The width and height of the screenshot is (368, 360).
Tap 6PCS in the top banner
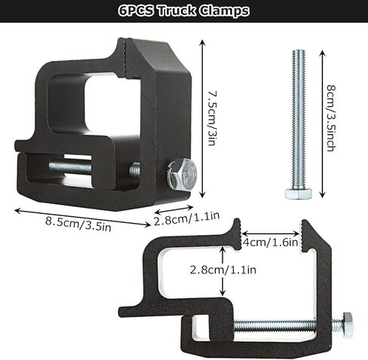(139, 12)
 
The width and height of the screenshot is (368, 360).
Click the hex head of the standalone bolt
(298, 193)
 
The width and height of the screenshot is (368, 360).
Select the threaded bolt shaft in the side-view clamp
(287, 325)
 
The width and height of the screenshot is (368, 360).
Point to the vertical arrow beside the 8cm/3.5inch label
(322, 121)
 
